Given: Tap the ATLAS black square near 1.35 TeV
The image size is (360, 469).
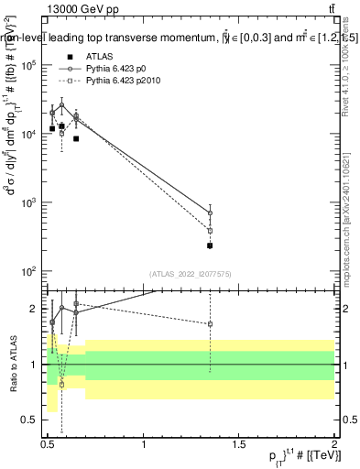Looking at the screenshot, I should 210,245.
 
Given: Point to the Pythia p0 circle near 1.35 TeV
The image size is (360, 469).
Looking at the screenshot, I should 210,213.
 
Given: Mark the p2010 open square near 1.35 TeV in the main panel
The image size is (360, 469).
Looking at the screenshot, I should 210,231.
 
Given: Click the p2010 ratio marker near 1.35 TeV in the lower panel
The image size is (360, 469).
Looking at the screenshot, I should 210,324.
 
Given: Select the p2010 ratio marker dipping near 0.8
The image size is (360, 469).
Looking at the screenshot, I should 61,385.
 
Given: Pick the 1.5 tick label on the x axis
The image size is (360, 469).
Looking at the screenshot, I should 239,445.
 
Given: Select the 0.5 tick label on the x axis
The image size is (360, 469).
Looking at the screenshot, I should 49,445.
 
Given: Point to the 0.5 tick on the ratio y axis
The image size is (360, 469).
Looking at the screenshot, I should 31,420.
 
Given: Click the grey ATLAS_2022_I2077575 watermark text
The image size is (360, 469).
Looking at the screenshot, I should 189,274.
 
